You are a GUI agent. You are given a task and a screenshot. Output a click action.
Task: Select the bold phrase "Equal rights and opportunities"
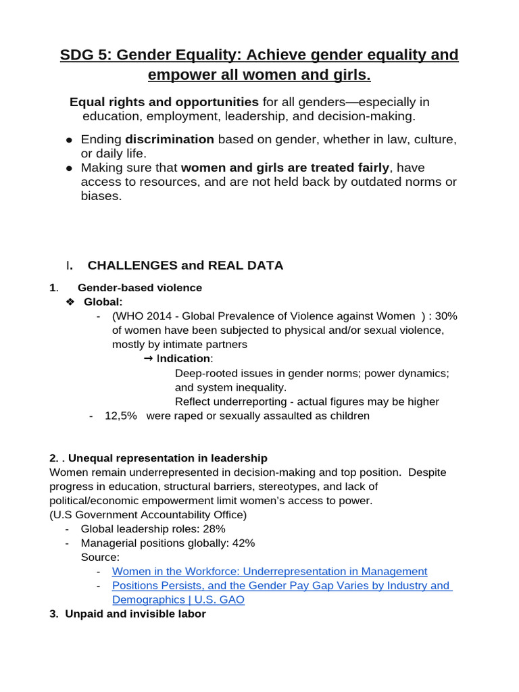pyautogui.click(x=164, y=102)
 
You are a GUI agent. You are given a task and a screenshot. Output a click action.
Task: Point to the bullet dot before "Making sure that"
pyautogui.click(x=70, y=168)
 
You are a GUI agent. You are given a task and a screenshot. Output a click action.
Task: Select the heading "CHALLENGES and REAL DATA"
pyautogui.click(x=185, y=266)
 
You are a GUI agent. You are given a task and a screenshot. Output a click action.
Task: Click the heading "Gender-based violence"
pyautogui.click(x=145, y=288)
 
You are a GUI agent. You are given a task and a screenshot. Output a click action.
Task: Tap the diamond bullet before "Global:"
pyautogui.click(x=70, y=301)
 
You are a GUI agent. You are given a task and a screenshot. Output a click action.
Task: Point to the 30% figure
pyautogui.click(x=447, y=316)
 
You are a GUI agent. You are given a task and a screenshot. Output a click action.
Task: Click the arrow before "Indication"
pyautogui.click(x=149, y=359)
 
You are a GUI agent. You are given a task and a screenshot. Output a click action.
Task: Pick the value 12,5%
pyautogui.click(x=120, y=416)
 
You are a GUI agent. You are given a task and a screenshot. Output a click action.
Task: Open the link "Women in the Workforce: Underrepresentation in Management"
pyautogui.click(x=269, y=572)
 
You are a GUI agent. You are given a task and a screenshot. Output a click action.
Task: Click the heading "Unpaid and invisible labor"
pyautogui.click(x=135, y=614)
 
